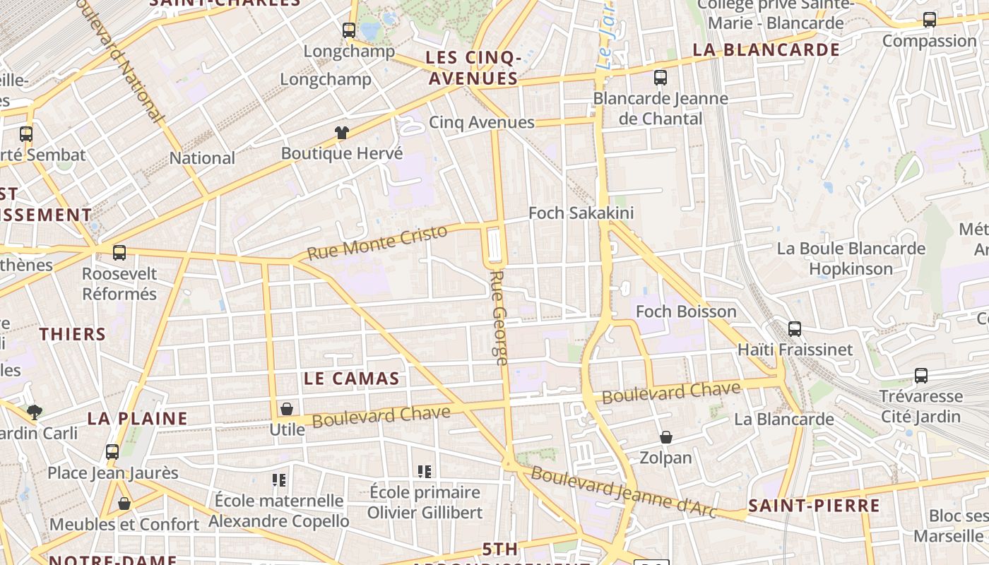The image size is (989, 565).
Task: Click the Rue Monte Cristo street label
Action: point(378,242)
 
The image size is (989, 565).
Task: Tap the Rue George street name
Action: point(499,318)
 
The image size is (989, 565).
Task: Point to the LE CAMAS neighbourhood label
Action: point(352,379)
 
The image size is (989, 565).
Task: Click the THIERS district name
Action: point(73,334)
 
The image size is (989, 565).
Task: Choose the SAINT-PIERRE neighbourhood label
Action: point(814,506)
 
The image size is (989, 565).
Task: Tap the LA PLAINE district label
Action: point(138,418)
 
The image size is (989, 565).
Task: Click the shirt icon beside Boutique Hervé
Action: point(342,133)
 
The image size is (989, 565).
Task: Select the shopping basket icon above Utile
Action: point(287,409)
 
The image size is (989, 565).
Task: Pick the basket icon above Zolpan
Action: point(665,438)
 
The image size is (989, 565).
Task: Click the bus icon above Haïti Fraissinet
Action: point(795,328)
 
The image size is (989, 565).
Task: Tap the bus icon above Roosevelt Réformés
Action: point(119,252)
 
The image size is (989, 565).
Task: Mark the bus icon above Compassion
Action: point(930,20)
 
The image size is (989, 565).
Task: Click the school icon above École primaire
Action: point(425,471)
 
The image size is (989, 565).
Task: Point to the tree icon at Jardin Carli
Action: point(34,412)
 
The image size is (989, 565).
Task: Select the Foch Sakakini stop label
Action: point(581,213)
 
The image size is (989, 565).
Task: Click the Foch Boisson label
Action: point(686,311)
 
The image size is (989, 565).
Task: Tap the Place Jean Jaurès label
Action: point(113,473)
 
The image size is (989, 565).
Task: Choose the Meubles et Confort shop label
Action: point(124,525)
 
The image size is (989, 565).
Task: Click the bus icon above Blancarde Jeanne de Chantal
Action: point(661,78)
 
